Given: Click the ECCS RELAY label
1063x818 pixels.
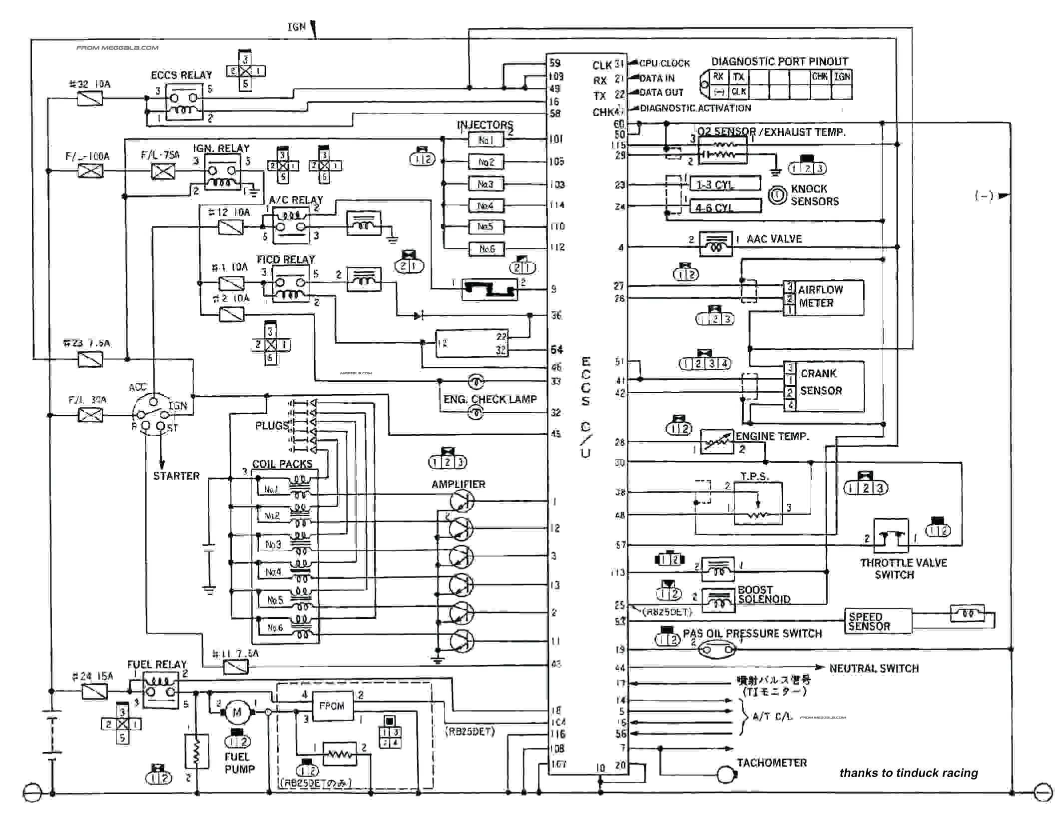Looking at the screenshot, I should pyautogui.click(x=181, y=75).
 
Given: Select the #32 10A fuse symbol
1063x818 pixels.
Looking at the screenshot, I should pyautogui.click(x=90, y=98).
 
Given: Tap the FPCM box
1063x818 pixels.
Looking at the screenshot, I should pyautogui.click(x=332, y=706).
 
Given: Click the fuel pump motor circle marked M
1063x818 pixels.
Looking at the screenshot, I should pyautogui.click(x=237, y=712).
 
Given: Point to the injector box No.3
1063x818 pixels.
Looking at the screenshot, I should pyautogui.click(x=486, y=184).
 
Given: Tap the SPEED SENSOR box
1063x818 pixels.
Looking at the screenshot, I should pyautogui.click(x=869, y=621).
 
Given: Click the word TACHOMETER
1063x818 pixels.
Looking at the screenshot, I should pyautogui.click(x=772, y=763).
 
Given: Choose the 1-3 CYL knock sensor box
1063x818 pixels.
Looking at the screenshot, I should pyautogui.click(x=724, y=184).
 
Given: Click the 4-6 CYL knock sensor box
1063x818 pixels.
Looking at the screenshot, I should pyautogui.click(x=724, y=207).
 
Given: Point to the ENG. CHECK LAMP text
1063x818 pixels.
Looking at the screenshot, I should pyautogui.click(x=490, y=399).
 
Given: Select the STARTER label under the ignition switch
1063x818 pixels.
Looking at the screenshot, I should pyautogui.click(x=176, y=476).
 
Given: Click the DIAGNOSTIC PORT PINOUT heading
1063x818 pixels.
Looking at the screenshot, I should pyautogui.click(x=779, y=61).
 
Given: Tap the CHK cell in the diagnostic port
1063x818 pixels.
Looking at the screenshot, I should pyautogui.click(x=820, y=76).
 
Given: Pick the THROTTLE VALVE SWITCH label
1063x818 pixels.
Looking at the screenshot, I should pyautogui.click(x=903, y=569).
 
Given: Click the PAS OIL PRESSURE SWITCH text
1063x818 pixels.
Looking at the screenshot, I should pyautogui.click(x=752, y=633).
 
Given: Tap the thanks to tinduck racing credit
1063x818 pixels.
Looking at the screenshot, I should pyautogui.click(x=908, y=773).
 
